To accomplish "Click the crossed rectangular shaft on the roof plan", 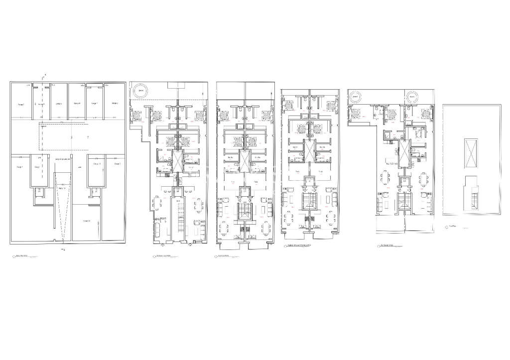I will pos(471,148).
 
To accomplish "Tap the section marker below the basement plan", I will pos(62,247).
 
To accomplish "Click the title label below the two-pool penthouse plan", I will pos(388,245).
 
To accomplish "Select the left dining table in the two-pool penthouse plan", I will pos(383,178).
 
